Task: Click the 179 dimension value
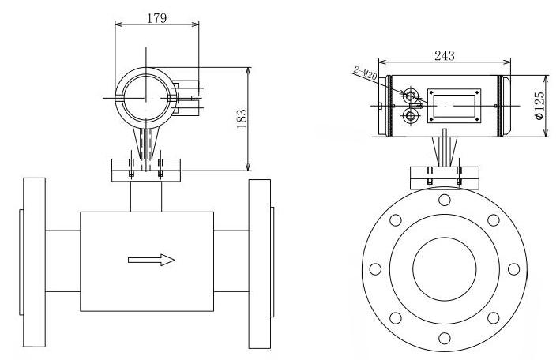click(x=157, y=18)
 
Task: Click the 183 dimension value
click(x=242, y=118)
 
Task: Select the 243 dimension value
click(x=444, y=56)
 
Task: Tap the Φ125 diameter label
click(x=539, y=106)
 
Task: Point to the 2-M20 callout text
click(x=366, y=73)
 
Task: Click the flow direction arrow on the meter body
click(x=152, y=260)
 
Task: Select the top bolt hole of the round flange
click(x=444, y=200)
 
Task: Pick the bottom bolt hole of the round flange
click(x=444, y=338)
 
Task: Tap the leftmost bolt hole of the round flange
click(x=375, y=269)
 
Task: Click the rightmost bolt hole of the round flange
click(x=513, y=269)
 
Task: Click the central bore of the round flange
click(x=444, y=269)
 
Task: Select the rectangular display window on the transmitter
click(x=454, y=106)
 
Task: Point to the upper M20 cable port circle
click(x=411, y=96)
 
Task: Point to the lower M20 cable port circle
click(x=411, y=116)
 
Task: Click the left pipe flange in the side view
click(x=34, y=262)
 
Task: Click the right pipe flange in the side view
click(x=260, y=264)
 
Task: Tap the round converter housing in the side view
click(x=145, y=98)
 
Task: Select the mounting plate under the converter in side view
click(x=146, y=171)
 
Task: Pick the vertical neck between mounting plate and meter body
click(x=146, y=197)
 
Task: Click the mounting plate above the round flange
click(x=444, y=178)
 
